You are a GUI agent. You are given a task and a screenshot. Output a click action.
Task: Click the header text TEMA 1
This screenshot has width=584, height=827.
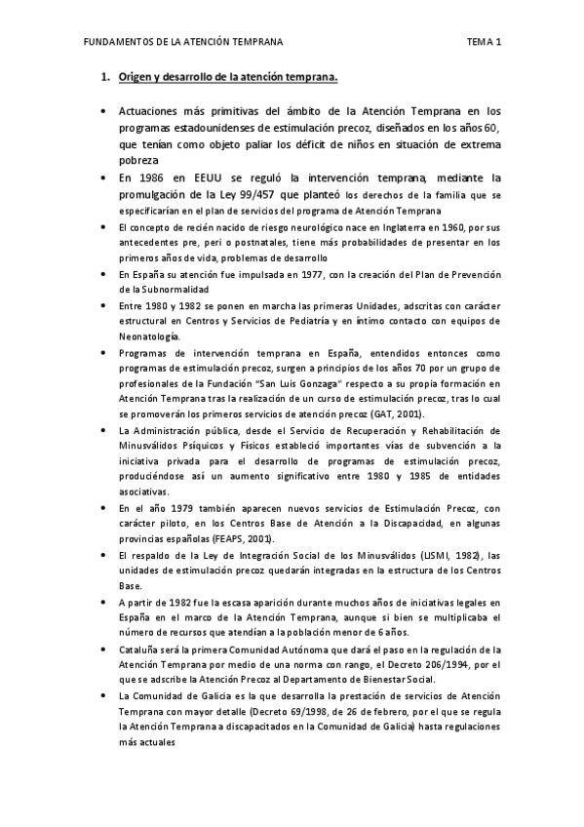tap(484, 43)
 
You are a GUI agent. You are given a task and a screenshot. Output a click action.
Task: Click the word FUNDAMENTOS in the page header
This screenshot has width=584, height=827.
tap(114, 43)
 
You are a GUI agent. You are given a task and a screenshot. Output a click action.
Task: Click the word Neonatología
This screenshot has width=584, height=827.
tap(149, 336)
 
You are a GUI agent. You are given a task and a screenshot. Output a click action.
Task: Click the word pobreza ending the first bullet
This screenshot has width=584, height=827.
tap(137, 162)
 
